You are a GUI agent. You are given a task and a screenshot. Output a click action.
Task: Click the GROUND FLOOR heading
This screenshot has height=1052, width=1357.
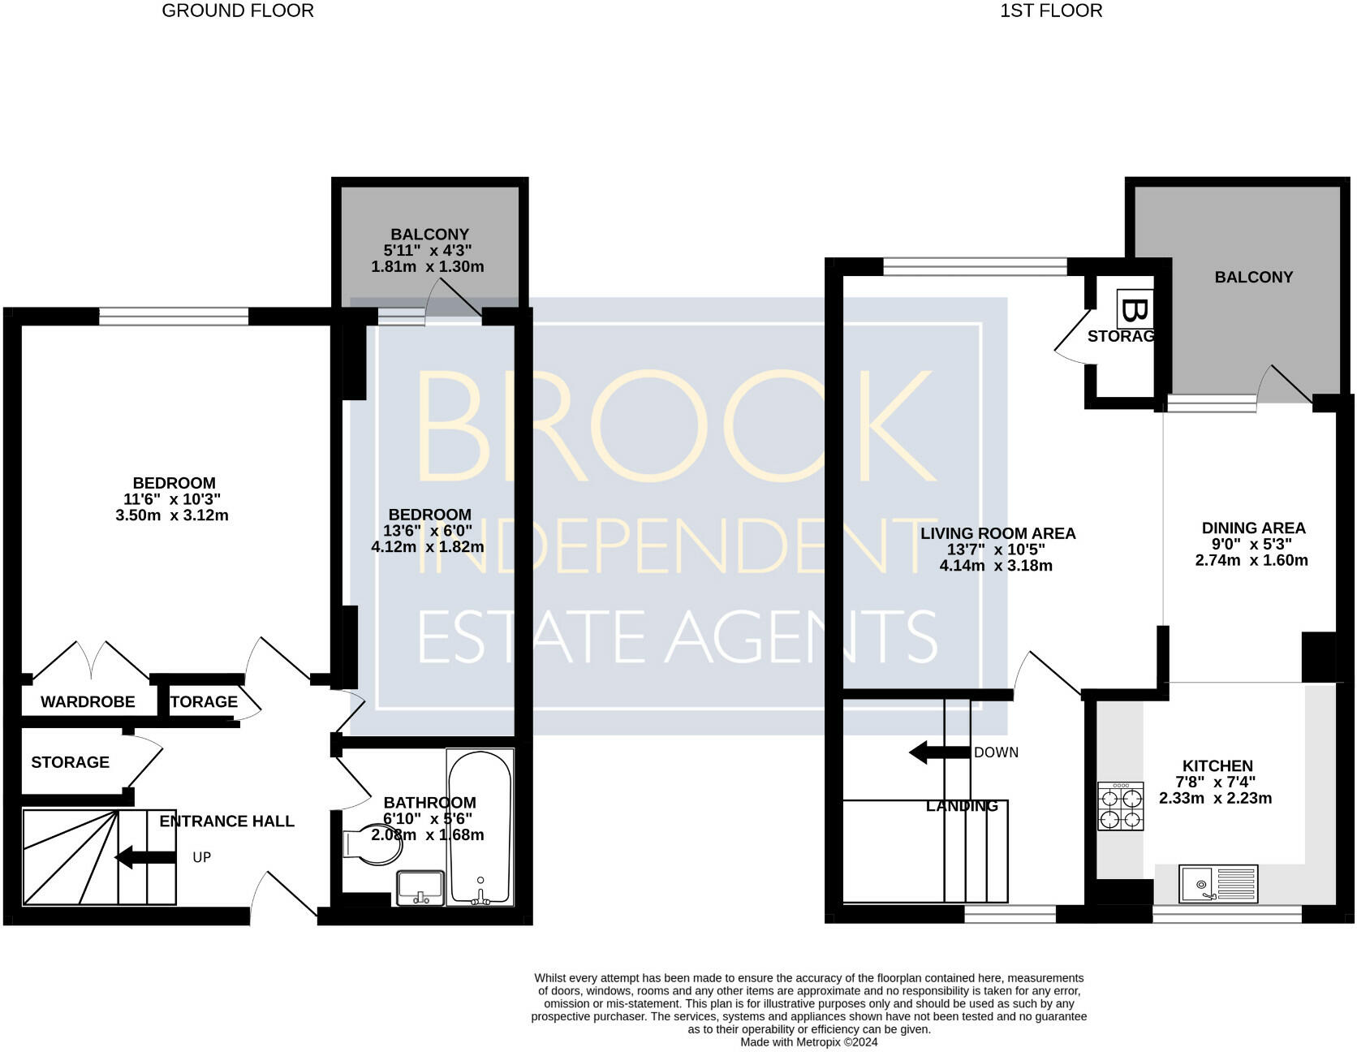tap(238, 11)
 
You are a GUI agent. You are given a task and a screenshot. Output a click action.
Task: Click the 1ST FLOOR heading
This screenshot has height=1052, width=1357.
tap(1050, 11)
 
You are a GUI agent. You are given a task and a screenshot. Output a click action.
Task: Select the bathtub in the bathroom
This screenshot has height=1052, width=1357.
tap(480, 826)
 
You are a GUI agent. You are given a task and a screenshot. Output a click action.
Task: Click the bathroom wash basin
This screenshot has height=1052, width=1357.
tap(420, 888)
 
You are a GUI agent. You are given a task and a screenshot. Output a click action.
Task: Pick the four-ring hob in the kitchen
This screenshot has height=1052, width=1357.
tap(1120, 806)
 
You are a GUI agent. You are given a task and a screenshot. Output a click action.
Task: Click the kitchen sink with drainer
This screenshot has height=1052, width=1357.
tap(1218, 884)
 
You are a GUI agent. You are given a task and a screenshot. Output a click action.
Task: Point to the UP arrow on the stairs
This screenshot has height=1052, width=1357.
tap(145, 857)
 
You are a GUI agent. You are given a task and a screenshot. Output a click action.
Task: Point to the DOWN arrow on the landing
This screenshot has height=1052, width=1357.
tap(940, 752)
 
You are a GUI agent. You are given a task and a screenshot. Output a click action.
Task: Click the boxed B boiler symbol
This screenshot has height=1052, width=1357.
tap(1134, 309)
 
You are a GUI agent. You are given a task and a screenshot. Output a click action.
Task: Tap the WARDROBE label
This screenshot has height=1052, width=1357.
tap(88, 702)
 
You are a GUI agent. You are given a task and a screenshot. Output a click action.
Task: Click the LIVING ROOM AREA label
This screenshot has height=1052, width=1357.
tap(997, 533)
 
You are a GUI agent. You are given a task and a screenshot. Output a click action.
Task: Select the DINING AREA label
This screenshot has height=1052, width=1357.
tap(1253, 528)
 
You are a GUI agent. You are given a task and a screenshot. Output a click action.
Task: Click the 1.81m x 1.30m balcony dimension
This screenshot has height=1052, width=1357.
tap(428, 266)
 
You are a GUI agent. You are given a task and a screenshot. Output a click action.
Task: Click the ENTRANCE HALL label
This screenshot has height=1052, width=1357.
tap(226, 821)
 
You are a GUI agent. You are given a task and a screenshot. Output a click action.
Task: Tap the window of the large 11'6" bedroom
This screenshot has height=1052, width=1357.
tap(174, 317)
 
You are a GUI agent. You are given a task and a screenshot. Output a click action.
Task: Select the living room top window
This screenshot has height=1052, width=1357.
tap(975, 267)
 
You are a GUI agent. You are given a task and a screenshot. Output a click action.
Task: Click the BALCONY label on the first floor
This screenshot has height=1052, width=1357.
tap(1253, 277)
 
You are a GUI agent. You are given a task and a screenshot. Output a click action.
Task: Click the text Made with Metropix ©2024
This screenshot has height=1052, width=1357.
tap(808, 1042)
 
